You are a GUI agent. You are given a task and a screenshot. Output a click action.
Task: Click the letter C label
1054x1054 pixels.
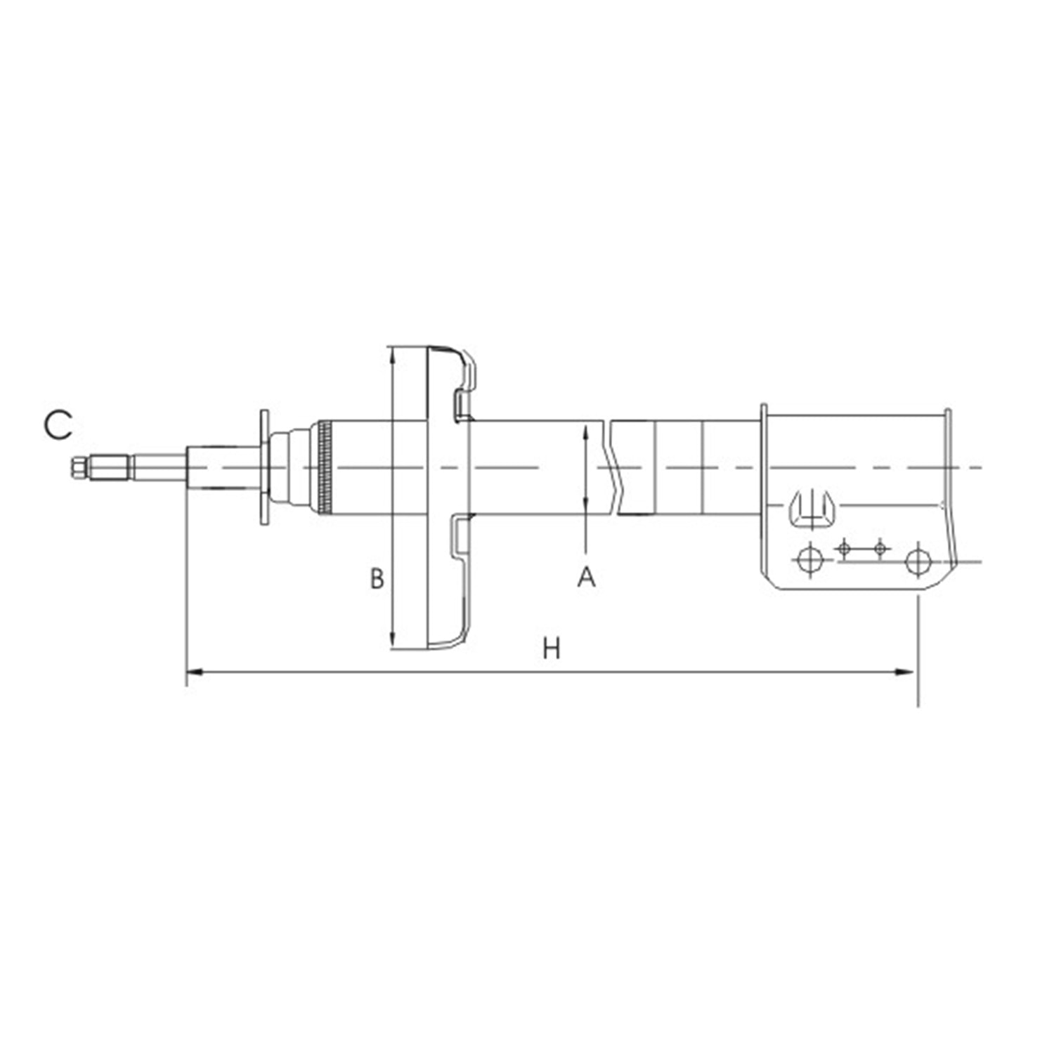[x=58, y=426]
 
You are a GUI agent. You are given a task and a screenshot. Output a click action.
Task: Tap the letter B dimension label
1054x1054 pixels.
[x=377, y=578]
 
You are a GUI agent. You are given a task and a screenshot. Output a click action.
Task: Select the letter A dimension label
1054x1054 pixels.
[x=586, y=577]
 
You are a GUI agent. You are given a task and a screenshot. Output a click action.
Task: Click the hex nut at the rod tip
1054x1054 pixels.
[x=79, y=467]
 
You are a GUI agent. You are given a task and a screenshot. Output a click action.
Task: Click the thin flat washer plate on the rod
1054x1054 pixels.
[x=264, y=467]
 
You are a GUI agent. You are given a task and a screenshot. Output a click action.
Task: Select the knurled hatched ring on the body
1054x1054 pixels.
[x=325, y=467]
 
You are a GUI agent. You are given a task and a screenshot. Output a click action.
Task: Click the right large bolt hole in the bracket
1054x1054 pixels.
[x=918, y=561]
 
